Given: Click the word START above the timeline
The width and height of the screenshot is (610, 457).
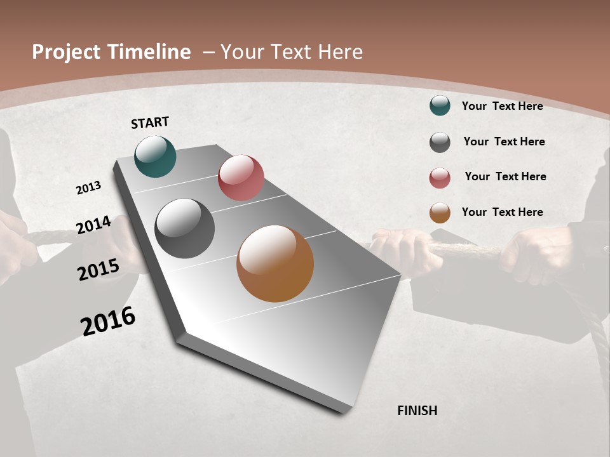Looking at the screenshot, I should pos(150,123).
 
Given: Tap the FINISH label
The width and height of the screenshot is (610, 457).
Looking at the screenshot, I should pos(417,411).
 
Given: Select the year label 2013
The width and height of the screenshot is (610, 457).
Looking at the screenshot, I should pos(88,188).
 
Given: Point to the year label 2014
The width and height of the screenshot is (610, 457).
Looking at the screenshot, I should pos(93,225).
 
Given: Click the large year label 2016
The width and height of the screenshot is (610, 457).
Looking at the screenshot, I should pos(108,321).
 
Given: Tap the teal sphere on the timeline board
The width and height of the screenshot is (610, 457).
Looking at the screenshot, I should pos(155,156).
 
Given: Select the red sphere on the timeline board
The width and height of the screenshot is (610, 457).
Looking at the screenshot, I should pos(241,178).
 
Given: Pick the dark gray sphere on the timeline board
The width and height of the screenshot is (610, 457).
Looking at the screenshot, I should pos(184,228).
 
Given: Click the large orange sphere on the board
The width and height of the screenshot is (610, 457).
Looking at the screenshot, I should pos(275,263).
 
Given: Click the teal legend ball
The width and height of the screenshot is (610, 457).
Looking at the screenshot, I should pos(440,105).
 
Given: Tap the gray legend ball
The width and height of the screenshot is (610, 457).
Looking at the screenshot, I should pos(440,142).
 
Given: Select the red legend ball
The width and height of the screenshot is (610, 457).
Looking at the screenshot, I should pos(440,178).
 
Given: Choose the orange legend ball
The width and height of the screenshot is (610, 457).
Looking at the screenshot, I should pos(440,213).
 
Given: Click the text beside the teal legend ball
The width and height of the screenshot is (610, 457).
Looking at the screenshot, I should pos(502,106).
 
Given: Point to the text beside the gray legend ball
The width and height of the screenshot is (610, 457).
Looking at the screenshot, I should pos(504,142).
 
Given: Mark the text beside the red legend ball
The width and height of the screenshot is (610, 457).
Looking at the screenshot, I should pos(505,176).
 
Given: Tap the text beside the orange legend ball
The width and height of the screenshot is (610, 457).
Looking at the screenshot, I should pos(502,212).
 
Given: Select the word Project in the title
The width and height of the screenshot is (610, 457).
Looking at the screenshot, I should pos(65,52).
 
